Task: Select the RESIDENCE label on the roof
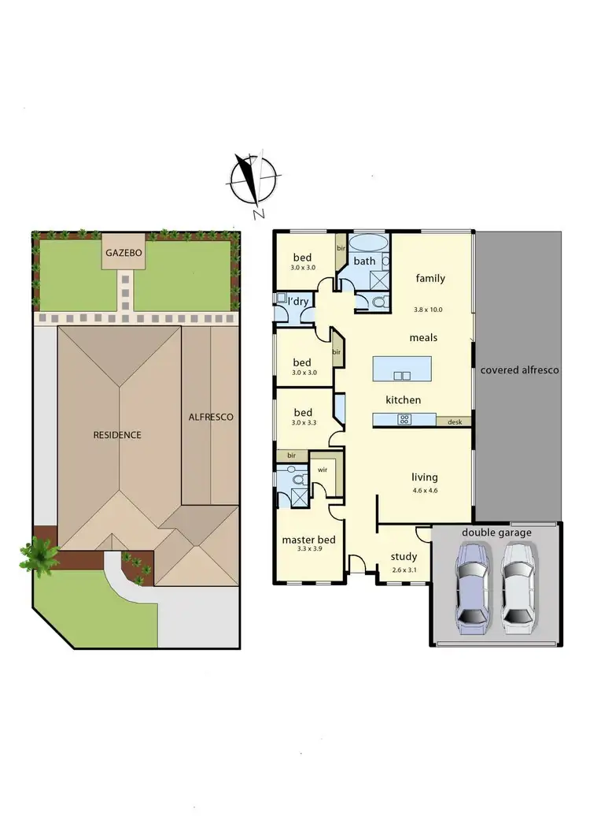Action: [x=117, y=435]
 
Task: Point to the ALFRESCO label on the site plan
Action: [x=210, y=417]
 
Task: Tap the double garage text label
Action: [x=496, y=533]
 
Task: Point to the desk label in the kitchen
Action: [x=454, y=421]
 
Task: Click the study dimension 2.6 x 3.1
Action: [x=404, y=569]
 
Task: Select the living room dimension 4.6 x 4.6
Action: [x=425, y=489]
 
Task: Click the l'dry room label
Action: [x=298, y=302]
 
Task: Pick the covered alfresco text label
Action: [x=519, y=369]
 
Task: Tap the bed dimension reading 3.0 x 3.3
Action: [x=303, y=423]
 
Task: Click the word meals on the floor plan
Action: [x=423, y=337]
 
